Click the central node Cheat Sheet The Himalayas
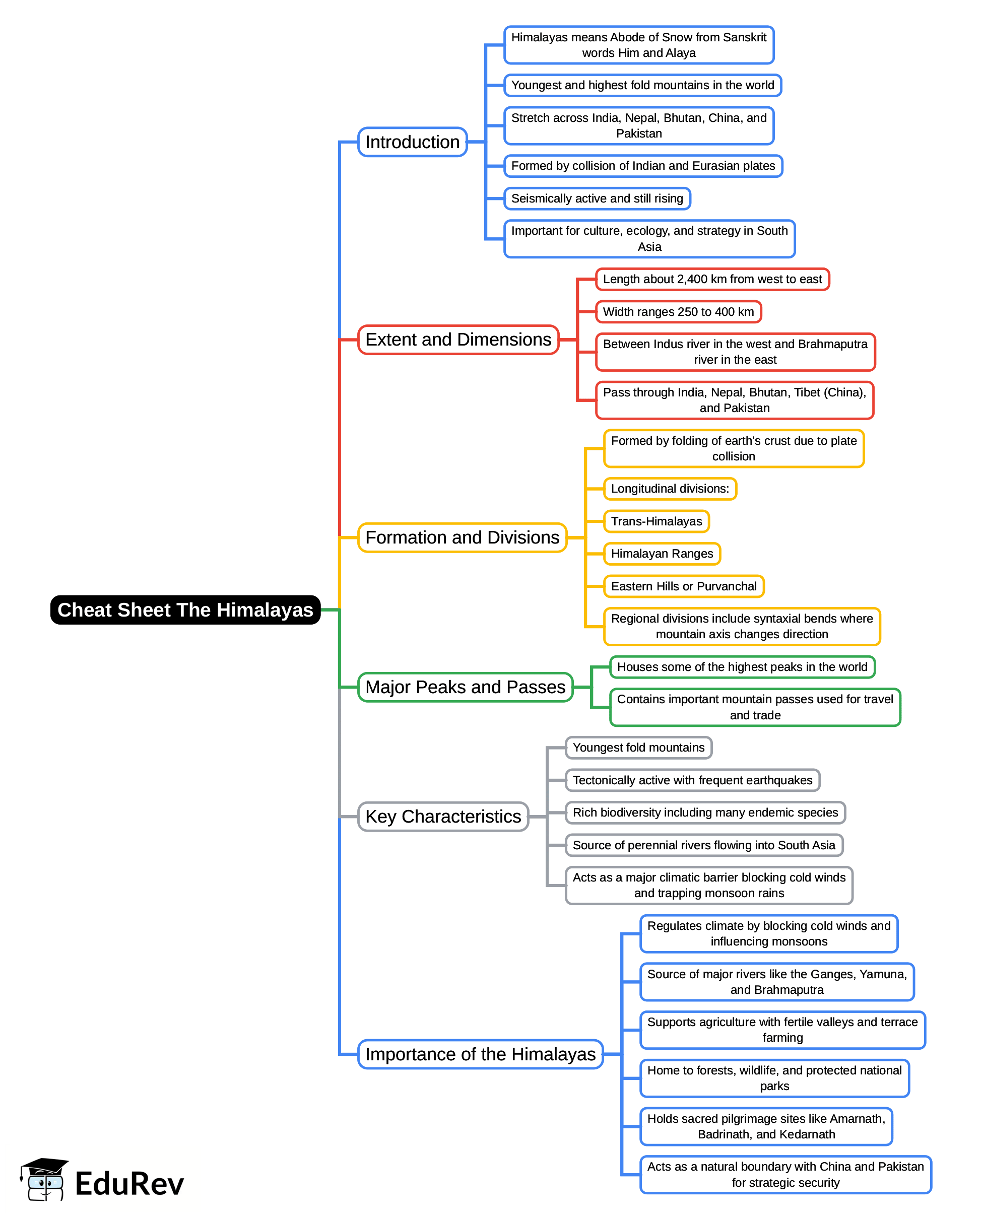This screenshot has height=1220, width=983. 185,609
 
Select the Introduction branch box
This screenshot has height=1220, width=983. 412,142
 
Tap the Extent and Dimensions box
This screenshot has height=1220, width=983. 458,339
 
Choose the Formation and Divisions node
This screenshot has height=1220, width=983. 462,537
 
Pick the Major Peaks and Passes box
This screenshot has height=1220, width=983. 465,687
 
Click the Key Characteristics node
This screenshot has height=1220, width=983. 443,817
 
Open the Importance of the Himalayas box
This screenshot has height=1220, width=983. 480,1054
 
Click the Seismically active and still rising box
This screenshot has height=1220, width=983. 597,198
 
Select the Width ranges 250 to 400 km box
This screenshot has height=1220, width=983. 678,311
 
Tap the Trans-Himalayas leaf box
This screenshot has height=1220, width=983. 657,521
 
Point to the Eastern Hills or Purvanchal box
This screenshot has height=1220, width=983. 683,586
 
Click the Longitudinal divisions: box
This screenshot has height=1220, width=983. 670,489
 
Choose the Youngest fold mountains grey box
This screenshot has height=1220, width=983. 638,748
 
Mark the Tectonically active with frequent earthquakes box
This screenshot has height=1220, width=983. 692,780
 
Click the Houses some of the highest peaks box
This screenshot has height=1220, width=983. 742,667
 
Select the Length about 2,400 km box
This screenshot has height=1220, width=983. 712,279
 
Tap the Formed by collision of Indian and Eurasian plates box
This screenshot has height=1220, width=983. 643,166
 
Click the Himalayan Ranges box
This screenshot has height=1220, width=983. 662,554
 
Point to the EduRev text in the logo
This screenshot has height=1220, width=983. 129,1184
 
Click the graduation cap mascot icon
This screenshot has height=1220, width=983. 45,1179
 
